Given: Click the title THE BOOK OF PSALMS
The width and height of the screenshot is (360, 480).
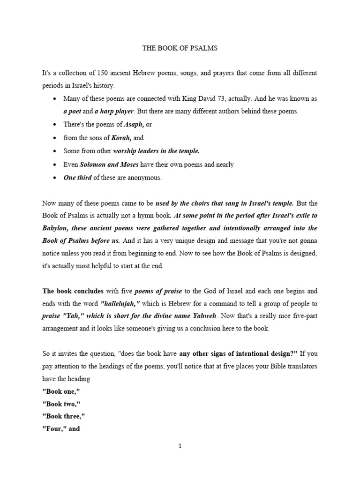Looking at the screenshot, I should coord(180,48).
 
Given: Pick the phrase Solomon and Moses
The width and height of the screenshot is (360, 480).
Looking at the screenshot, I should coord(109,165).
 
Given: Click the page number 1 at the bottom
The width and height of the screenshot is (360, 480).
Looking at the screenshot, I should coord(180,446).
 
